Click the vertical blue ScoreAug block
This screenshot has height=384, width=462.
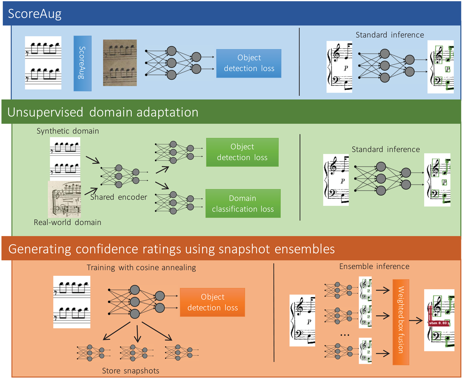[x=82, y=63]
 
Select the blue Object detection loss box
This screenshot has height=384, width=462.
[x=249, y=63]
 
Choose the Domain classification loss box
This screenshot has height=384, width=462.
[x=242, y=204]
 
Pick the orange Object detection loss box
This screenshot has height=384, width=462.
[x=213, y=303]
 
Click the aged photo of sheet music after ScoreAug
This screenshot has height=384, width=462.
[x=120, y=63]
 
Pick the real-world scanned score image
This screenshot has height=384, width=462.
[x=64, y=199]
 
